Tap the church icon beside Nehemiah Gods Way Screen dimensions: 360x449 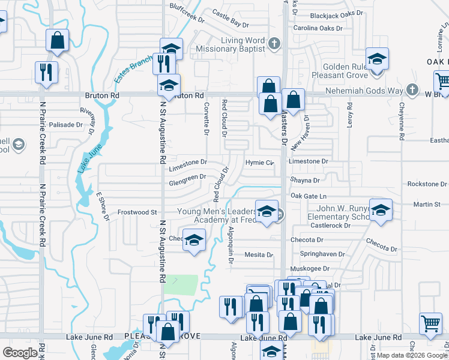411,90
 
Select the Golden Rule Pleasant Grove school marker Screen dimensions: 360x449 377,59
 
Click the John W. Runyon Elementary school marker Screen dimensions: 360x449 380,210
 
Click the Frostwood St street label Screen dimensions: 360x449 137,212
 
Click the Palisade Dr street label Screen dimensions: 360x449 65,125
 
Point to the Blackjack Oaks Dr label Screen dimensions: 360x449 329,15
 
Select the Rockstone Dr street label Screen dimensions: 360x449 426,184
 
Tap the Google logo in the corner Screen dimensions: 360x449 20,352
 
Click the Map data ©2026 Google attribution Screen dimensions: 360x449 412,355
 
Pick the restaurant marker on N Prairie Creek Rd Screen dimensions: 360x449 46,72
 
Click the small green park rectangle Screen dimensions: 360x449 181,284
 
